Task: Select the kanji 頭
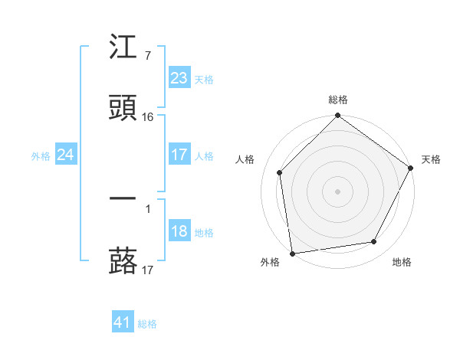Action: [x=123, y=108]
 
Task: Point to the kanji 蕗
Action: [x=123, y=260]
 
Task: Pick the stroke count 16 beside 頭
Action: [x=148, y=117]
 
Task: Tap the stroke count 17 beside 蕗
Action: [x=148, y=270]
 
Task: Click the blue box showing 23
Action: [x=179, y=78]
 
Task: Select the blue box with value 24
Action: [x=65, y=155]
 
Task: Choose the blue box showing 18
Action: [x=179, y=232]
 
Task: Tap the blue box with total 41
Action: [x=123, y=322]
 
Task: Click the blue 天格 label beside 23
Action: [x=204, y=79]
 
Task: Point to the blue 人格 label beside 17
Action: [x=204, y=155]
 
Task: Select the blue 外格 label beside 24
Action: [x=41, y=155]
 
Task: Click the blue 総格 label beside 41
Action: [x=147, y=324]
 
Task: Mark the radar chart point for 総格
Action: [x=337, y=116]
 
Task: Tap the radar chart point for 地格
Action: [x=374, y=242]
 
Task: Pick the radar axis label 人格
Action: [x=245, y=159]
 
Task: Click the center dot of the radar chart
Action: [x=337, y=191]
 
